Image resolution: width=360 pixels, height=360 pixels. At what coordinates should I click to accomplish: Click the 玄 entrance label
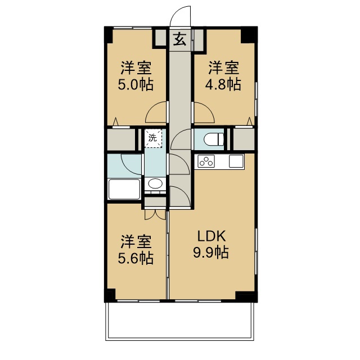click(x=180, y=39)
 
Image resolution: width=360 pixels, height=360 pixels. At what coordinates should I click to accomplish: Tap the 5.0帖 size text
click(x=136, y=85)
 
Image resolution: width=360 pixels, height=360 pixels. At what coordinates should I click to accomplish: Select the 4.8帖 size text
click(x=223, y=84)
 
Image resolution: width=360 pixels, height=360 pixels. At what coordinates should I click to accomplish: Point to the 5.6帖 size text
click(x=136, y=258)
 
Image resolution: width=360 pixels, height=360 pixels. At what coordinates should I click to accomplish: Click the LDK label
click(x=212, y=236)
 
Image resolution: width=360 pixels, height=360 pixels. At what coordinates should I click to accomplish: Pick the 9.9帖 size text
click(x=211, y=253)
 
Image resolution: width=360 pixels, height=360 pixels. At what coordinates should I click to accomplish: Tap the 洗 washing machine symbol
click(x=153, y=138)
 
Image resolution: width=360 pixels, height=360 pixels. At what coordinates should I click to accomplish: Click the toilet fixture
click(x=214, y=139)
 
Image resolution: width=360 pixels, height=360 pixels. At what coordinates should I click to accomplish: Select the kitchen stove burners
click(x=206, y=161)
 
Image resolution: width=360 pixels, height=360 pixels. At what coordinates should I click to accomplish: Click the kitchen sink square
click(x=236, y=161)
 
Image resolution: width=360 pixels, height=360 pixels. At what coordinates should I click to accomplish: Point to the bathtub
click(x=124, y=190)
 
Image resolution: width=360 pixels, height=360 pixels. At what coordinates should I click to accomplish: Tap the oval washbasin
click(x=155, y=184)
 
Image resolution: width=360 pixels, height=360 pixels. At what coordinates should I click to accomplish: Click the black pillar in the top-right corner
click(x=249, y=35)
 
